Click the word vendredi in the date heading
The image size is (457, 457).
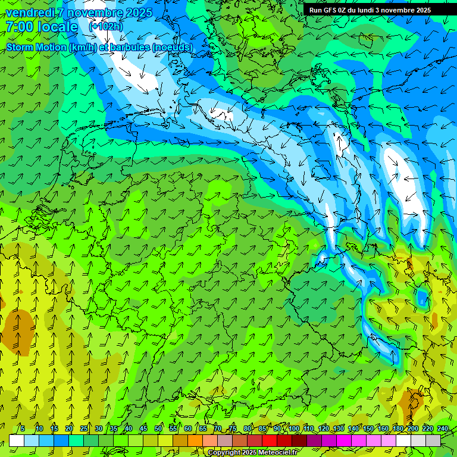(29, 12)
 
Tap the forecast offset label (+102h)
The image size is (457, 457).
(105, 27)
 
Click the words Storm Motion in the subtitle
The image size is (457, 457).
(35, 47)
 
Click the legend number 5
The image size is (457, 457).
(23, 428)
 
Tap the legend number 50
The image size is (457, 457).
(158, 428)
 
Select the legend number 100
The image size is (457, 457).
(293, 428)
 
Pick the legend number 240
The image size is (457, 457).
(442, 428)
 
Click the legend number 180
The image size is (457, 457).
(397, 428)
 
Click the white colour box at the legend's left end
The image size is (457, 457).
(17, 440)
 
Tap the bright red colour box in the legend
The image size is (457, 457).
(270, 440)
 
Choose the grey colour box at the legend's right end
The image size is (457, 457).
(433, 440)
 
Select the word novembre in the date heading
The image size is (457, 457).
(95, 12)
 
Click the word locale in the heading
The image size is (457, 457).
(57, 27)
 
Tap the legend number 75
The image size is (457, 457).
(233, 428)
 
